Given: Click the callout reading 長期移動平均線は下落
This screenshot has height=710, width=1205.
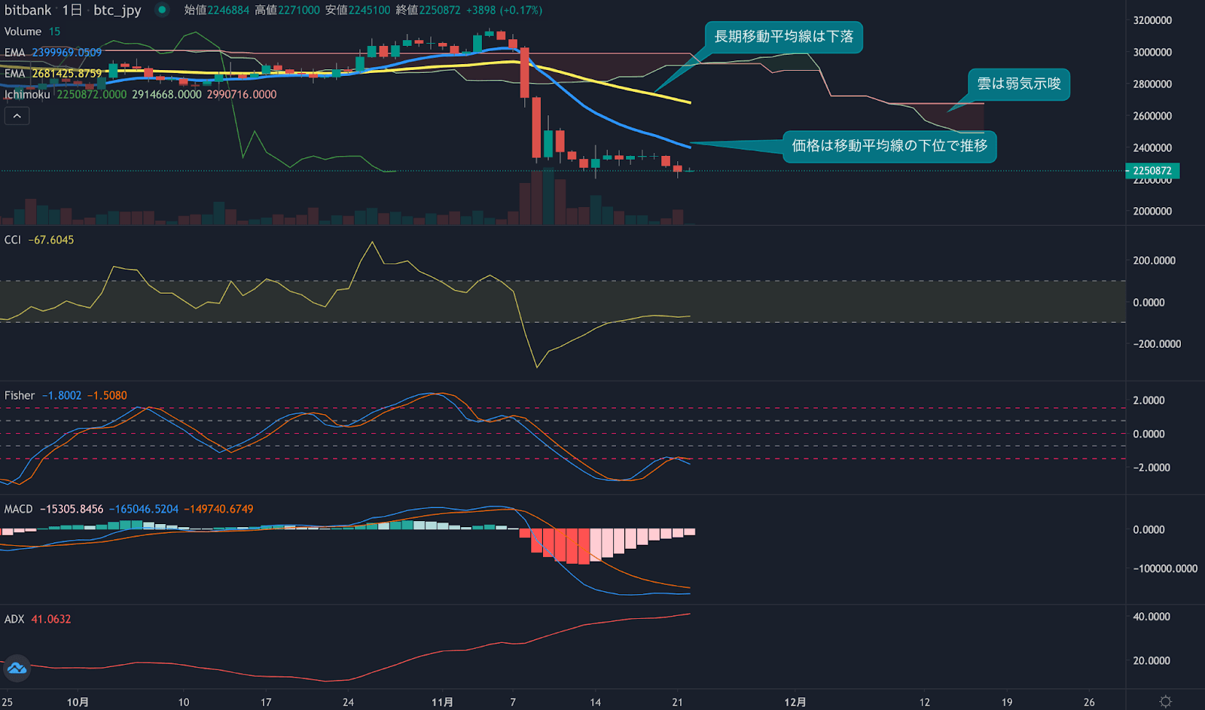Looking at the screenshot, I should pyautogui.click(x=783, y=37).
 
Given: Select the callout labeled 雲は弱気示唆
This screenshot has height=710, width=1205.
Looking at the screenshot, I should pyautogui.click(x=1018, y=84).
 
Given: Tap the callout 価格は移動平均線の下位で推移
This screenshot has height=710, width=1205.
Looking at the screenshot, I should pyautogui.click(x=889, y=146).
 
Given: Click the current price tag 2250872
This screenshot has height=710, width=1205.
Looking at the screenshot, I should pyautogui.click(x=1152, y=171).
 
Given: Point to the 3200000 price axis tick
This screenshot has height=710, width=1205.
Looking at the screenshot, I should pyautogui.click(x=1152, y=20).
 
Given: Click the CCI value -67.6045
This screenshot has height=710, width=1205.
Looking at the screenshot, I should pyautogui.click(x=51, y=240).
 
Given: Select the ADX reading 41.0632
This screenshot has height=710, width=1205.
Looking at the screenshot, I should pyautogui.click(x=51, y=620).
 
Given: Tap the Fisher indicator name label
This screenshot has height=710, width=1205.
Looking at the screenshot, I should pyautogui.click(x=20, y=396).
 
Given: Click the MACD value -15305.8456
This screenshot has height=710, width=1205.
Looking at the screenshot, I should pyautogui.click(x=72, y=510).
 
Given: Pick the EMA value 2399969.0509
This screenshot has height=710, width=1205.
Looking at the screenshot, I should pyautogui.click(x=66, y=53).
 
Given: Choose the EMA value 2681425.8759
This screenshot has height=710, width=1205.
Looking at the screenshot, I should pyautogui.click(x=66, y=74).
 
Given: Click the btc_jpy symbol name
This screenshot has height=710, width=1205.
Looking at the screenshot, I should pyautogui.click(x=117, y=11).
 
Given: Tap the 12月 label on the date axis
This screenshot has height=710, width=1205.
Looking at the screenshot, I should pyautogui.click(x=795, y=702).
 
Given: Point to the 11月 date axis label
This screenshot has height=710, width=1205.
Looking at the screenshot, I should pyautogui.click(x=442, y=702).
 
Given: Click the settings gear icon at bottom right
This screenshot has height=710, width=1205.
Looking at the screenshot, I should pyautogui.click(x=1165, y=702).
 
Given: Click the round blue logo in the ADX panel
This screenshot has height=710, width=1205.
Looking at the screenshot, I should pyautogui.click(x=17, y=668).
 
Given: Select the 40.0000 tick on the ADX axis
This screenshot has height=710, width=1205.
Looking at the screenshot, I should pyautogui.click(x=1152, y=617).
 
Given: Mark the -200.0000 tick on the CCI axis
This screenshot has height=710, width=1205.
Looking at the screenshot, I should pyautogui.click(x=1157, y=344).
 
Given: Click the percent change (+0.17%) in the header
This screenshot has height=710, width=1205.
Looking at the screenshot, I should pyautogui.click(x=521, y=11).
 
